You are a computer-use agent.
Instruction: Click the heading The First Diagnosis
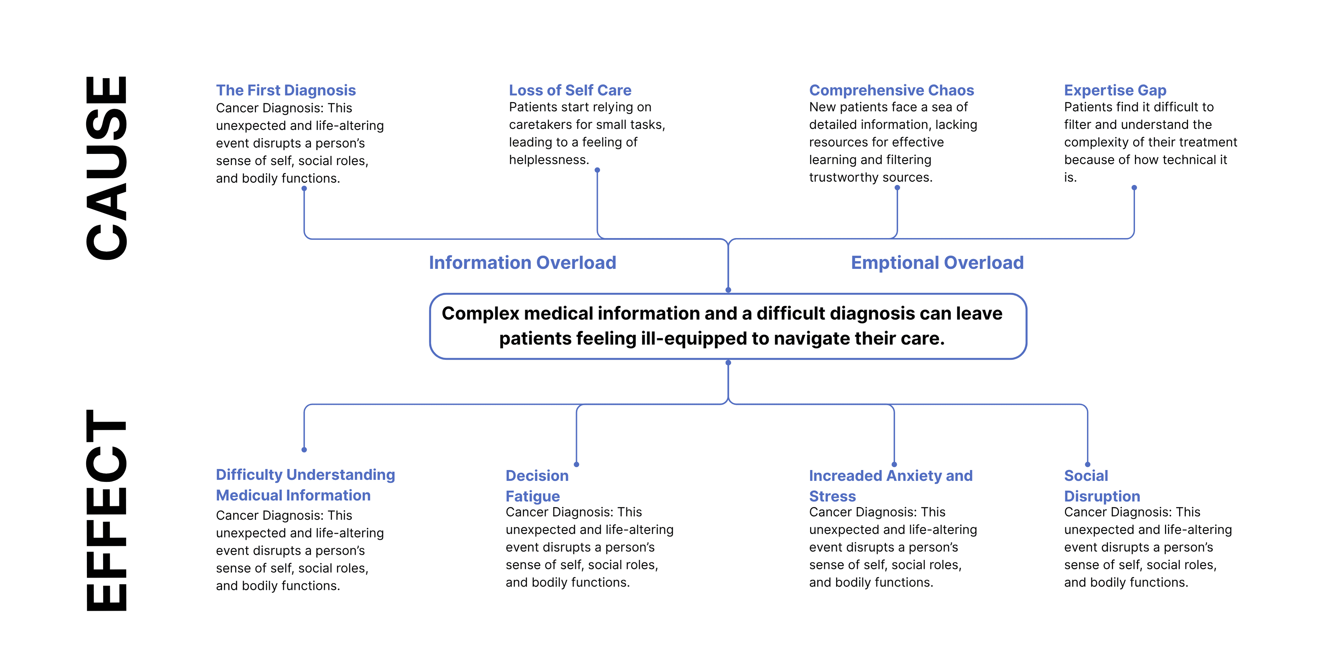click(x=286, y=90)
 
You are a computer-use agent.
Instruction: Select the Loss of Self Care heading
click(x=570, y=90)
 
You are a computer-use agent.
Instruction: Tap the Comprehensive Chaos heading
click(x=892, y=90)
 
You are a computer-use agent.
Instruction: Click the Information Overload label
click(x=523, y=263)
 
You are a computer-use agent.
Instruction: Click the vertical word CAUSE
click(x=106, y=168)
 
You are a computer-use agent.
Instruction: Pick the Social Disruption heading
click(x=1102, y=486)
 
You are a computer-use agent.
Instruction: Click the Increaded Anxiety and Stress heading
click(x=891, y=486)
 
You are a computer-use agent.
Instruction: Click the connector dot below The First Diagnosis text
click(x=304, y=188)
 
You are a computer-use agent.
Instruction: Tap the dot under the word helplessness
click(x=597, y=170)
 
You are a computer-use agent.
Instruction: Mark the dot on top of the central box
click(x=729, y=290)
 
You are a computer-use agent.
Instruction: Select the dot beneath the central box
click(x=729, y=363)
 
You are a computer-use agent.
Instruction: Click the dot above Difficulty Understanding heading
click(x=304, y=450)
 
